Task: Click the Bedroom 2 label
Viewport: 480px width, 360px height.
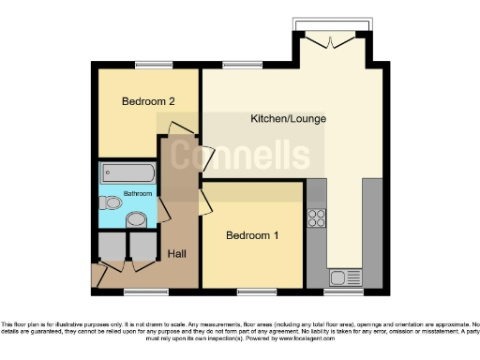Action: [147, 100]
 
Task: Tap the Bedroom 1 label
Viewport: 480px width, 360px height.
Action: [252, 235]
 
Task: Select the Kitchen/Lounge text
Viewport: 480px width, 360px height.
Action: [282, 119]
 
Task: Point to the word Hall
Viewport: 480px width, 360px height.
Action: [175, 253]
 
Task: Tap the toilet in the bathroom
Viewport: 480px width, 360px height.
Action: [112, 202]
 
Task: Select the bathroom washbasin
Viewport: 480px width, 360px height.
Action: [137, 220]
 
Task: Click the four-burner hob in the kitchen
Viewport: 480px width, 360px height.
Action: [316, 217]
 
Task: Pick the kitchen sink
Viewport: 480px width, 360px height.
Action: [338, 277]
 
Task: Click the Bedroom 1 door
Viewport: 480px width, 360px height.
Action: [205, 202]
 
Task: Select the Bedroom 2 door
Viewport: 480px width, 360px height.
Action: [182, 128]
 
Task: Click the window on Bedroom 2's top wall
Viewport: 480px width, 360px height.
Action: [147, 65]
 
